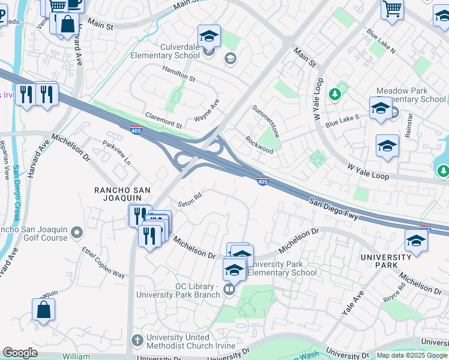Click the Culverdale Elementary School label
point(165,51)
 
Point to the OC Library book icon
point(229,290)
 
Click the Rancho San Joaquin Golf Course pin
point(77,232)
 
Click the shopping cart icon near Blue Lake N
point(392,9)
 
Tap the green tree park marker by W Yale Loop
point(336,94)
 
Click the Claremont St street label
point(163,120)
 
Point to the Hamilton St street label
point(179,74)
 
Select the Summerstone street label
point(266,121)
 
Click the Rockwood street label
point(259,145)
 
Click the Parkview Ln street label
point(116,152)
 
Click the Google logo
point(20,353)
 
